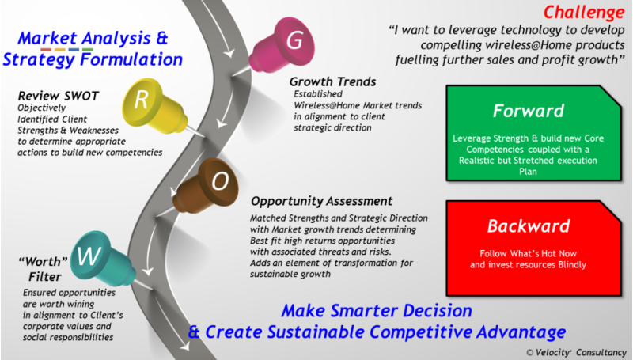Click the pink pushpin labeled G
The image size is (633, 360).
point(282,44)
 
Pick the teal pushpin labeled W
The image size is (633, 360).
point(103,259)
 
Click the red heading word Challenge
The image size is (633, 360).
point(584,12)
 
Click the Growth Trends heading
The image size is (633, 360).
point(332,82)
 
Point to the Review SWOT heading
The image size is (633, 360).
point(59,96)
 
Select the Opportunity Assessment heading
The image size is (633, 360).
point(321,201)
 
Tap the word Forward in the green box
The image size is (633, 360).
point(528,111)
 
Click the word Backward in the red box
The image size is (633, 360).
point(529,226)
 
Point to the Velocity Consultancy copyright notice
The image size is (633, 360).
point(576,352)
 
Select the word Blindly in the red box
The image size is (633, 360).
point(571,265)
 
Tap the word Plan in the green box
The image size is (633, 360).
point(528,172)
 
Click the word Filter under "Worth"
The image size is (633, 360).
point(45,277)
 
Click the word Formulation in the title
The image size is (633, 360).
point(131,59)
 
